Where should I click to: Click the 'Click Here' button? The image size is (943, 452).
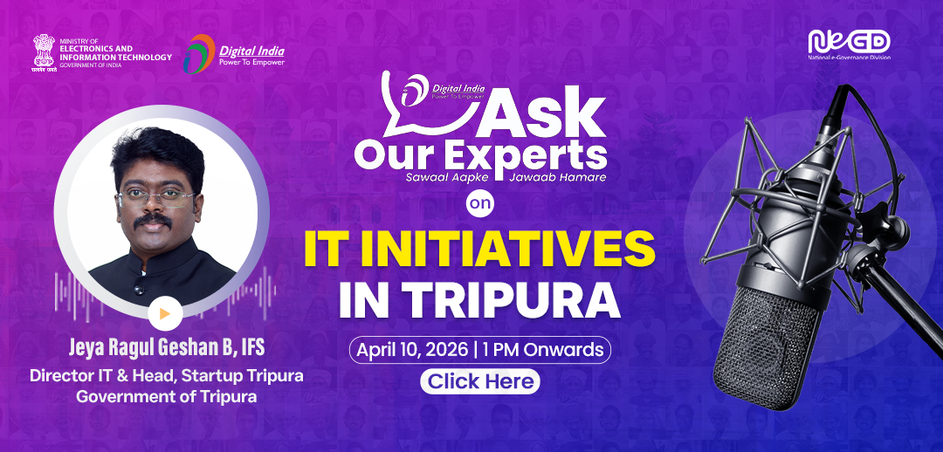480,381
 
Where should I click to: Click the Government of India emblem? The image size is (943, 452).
43,53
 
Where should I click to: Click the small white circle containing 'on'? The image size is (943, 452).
480,203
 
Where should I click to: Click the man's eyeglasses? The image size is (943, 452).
157,195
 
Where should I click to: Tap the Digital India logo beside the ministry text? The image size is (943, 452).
234,53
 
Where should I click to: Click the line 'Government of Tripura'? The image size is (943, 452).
166,395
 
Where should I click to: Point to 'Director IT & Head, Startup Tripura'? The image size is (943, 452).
166,376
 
